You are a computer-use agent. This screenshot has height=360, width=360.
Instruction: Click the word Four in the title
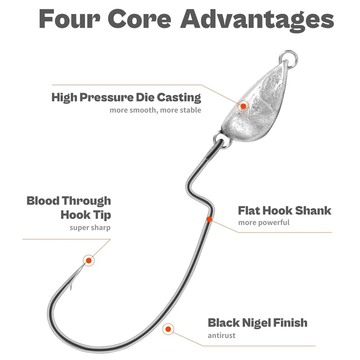pyautogui.click(x=69, y=19)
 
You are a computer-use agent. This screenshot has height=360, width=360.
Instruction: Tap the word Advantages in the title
pyautogui.click(x=257, y=21)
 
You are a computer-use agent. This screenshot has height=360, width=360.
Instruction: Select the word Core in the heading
pyautogui.click(x=140, y=19)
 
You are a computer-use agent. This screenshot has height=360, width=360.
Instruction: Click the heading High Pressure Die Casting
pyautogui.click(x=126, y=97)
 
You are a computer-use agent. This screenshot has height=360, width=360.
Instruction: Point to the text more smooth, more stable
pyautogui.click(x=155, y=110)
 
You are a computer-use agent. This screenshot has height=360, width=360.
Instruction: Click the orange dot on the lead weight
pyautogui.click(x=243, y=106)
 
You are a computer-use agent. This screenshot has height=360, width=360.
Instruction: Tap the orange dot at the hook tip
pyautogui.click(x=89, y=261)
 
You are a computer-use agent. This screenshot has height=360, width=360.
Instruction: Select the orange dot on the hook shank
pyautogui.click(x=209, y=219)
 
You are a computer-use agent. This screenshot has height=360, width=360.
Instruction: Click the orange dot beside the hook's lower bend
pyautogui.click(x=168, y=329)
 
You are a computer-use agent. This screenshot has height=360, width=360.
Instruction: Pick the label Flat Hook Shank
pyautogui.click(x=284, y=210)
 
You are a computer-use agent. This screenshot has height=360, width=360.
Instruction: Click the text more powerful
pyautogui.click(x=264, y=223)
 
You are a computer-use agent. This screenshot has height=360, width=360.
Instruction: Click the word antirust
pyautogui.click(x=222, y=335)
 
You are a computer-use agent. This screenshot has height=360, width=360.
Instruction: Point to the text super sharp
pyautogui.click(x=90, y=227)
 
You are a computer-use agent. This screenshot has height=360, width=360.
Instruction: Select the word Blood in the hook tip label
pyautogui.click(x=43, y=201)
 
